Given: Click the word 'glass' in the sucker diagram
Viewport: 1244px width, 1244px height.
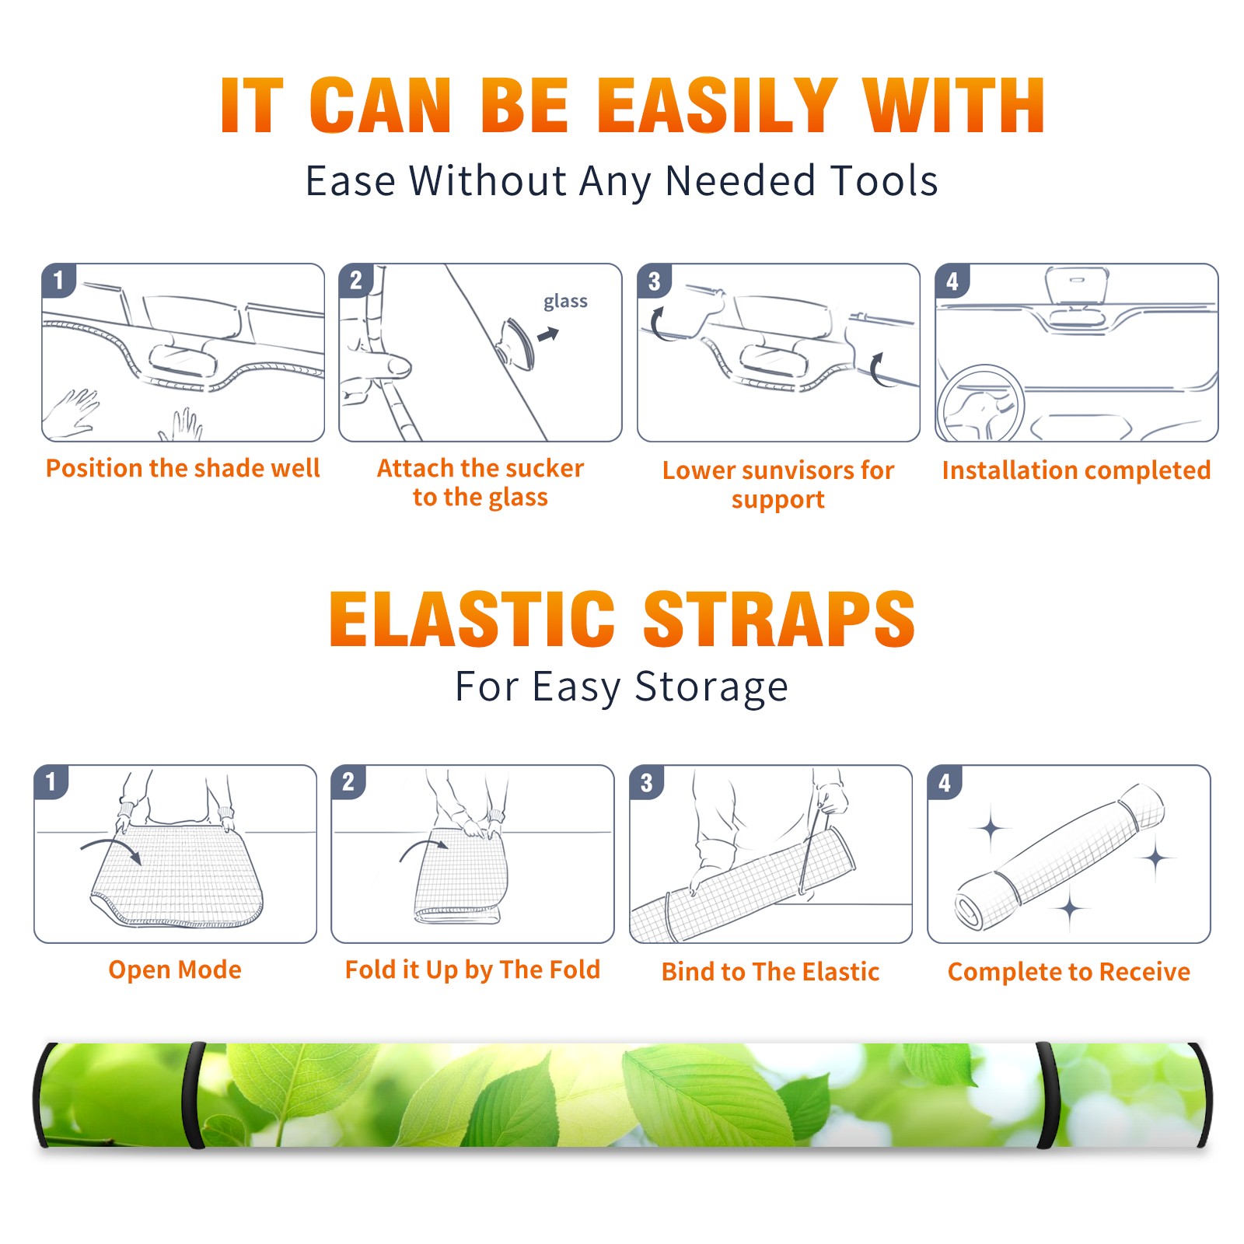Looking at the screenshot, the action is click(x=565, y=302).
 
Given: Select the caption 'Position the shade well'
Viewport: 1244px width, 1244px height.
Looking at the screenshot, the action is click(x=183, y=468).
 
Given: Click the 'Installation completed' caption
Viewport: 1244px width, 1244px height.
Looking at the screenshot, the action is click(x=1076, y=470).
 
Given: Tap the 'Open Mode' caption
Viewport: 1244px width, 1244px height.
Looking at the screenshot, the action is click(x=175, y=970).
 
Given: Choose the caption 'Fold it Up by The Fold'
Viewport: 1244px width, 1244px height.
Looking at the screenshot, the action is click(x=473, y=970).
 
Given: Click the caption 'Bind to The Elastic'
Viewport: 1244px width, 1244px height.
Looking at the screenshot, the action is click(x=771, y=972).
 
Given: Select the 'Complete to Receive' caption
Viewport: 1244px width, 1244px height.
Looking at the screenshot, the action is click(x=1069, y=972).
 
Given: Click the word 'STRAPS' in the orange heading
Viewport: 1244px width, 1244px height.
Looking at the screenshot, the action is click(x=779, y=619).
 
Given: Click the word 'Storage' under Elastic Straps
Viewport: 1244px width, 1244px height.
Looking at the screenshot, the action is click(x=711, y=687).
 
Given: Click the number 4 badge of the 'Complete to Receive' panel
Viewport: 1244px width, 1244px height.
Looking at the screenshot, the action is click(x=945, y=782).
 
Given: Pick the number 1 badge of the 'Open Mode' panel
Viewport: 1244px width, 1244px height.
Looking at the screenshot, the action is click(x=51, y=782).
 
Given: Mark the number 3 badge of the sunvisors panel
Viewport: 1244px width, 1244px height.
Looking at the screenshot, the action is click(x=654, y=281).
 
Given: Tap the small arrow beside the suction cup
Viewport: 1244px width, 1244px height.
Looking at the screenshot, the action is click(x=549, y=334).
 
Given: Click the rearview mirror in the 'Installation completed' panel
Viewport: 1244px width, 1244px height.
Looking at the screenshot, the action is click(x=1076, y=288).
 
